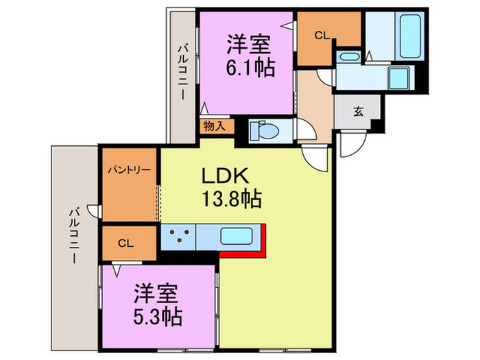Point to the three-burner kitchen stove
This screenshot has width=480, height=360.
[x=180, y=237]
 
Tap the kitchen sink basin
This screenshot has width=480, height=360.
[x=237, y=237]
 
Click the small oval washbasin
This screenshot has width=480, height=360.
[x=348, y=56]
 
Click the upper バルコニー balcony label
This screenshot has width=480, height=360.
[x=182, y=71]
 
